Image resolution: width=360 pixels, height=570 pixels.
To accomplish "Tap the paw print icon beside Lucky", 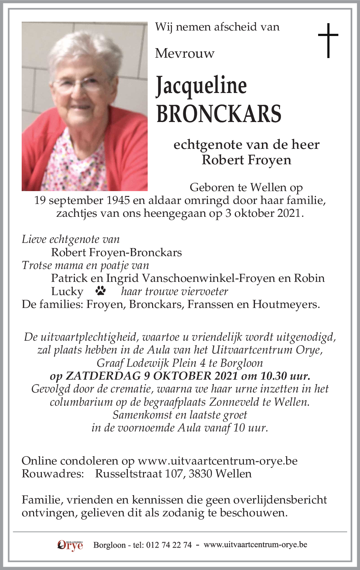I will click(x=101, y=291).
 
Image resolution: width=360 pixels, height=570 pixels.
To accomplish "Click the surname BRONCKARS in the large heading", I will click(x=219, y=114).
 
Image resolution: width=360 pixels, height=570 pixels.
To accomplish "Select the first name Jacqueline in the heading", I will click(x=201, y=86).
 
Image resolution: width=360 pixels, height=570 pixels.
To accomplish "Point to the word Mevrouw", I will click(x=184, y=54).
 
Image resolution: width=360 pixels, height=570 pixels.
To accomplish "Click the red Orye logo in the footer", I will click(x=70, y=545).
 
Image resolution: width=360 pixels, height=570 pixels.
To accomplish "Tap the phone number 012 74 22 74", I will click(x=169, y=545).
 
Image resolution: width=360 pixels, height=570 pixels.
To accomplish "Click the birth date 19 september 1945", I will click(x=82, y=201).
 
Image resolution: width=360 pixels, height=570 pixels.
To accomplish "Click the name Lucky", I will click(x=67, y=291).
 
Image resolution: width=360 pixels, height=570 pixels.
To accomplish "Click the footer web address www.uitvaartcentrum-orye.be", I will click(x=255, y=545).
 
